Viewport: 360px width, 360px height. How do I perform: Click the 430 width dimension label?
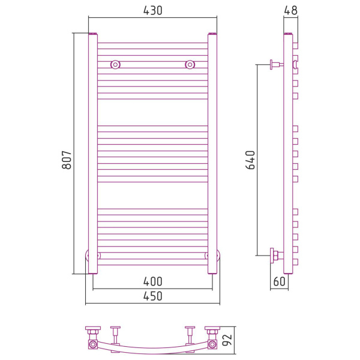[152, 11]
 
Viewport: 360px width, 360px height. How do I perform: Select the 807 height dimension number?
[67, 160]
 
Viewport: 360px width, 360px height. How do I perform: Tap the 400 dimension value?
[152, 281]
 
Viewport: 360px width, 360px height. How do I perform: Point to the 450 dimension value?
[152, 296]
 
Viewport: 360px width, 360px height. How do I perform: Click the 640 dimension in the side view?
[250, 160]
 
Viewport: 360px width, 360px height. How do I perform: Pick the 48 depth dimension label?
[290, 11]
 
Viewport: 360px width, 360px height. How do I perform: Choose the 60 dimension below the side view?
[280, 281]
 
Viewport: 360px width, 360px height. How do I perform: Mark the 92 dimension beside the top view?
[227, 340]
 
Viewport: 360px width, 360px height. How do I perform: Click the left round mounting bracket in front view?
[115, 65]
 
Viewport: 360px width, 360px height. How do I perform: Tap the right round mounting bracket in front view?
[190, 65]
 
